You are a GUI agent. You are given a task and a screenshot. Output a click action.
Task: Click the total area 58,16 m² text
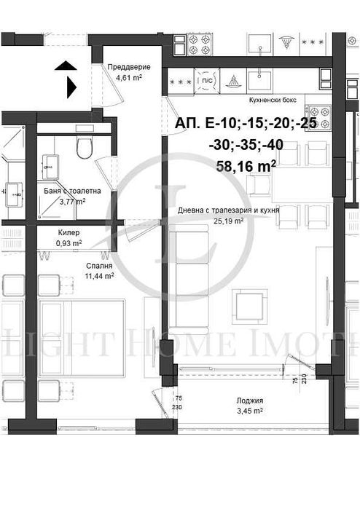click(246, 166)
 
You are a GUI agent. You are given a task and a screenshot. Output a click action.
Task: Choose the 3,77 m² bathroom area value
click(71, 202)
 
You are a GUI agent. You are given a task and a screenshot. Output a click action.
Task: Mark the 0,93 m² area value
click(69, 242)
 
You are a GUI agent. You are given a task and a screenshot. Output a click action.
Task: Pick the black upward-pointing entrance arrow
click(64, 67)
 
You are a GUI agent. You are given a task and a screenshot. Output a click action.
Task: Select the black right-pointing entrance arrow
click(71, 88)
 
